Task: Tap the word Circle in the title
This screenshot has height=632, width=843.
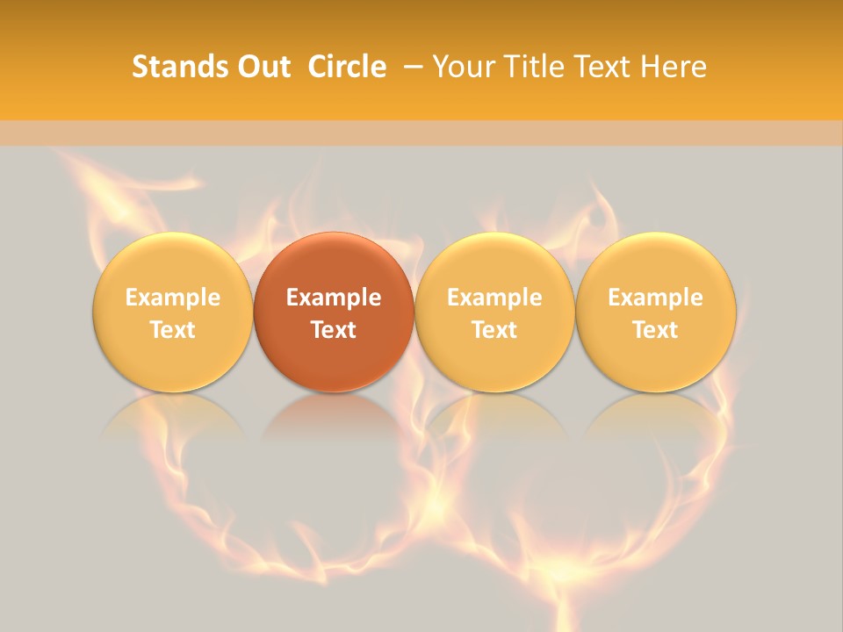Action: click(347, 67)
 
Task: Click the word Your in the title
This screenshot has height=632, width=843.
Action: click(462, 67)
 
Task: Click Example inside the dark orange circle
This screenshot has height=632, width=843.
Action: click(334, 298)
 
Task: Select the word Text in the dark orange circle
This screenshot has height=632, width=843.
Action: click(334, 330)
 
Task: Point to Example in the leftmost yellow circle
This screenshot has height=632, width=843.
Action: click(173, 298)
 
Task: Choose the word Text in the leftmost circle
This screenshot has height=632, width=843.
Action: click(173, 330)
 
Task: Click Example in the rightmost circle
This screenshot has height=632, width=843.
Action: click(656, 298)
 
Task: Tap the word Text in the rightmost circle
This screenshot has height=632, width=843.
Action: click(656, 330)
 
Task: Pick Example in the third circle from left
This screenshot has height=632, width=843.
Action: click(494, 298)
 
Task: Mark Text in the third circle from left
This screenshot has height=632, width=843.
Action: click(494, 330)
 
